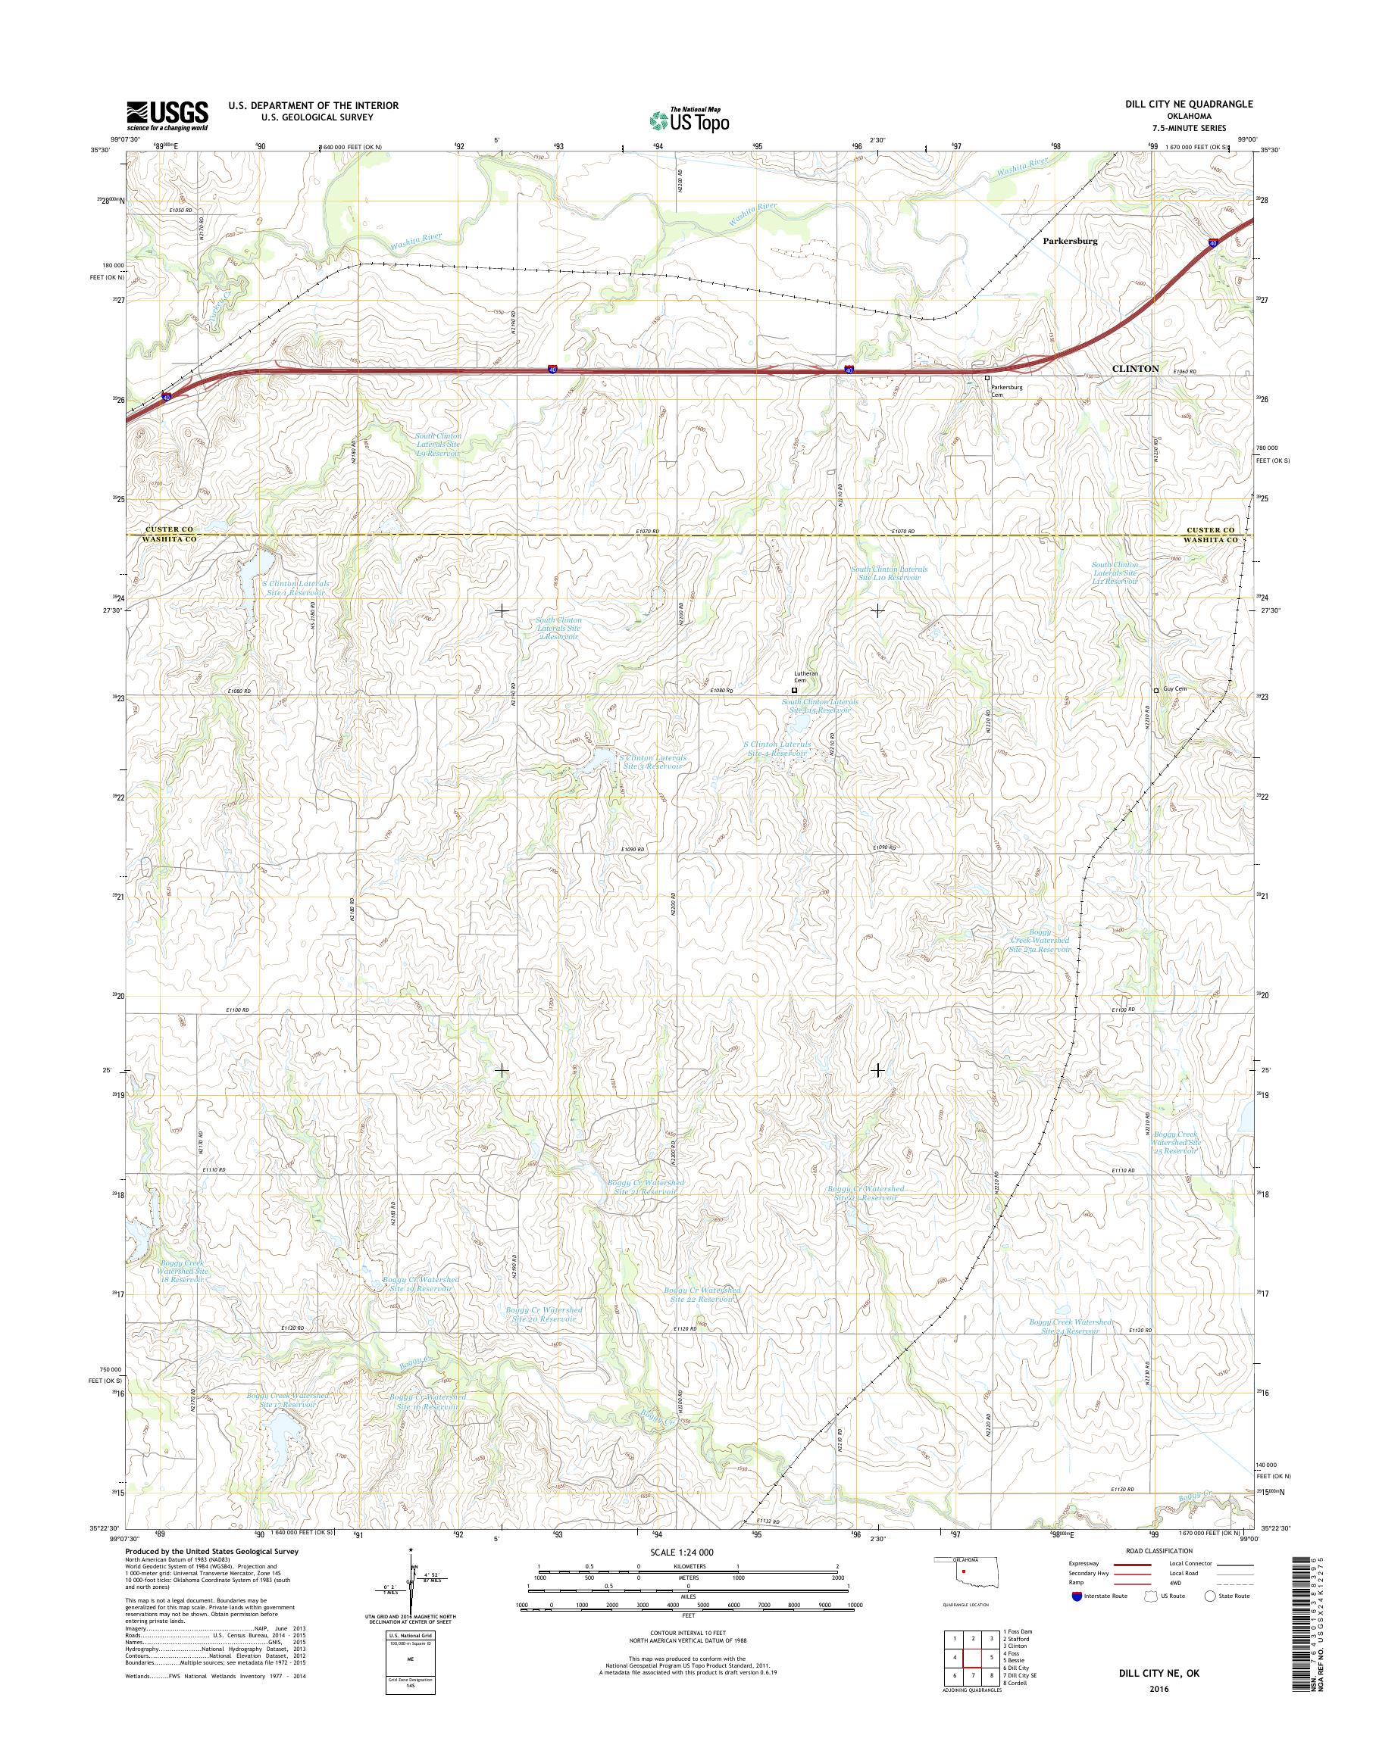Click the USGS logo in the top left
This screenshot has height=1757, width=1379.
(x=167, y=115)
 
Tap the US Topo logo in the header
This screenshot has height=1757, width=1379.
(x=689, y=120)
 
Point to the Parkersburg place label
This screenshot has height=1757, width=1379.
(x=1070, y=241)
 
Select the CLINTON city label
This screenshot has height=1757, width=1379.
(x=1135, y=368)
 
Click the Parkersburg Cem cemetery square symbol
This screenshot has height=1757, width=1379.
(x=986, y=378)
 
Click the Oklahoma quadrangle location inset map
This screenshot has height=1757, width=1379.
(x=964, y=1580)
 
